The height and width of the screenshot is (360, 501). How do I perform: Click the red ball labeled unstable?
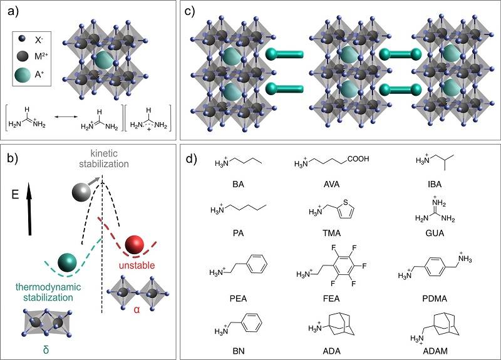pyautogui.click(x=135, y=244)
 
